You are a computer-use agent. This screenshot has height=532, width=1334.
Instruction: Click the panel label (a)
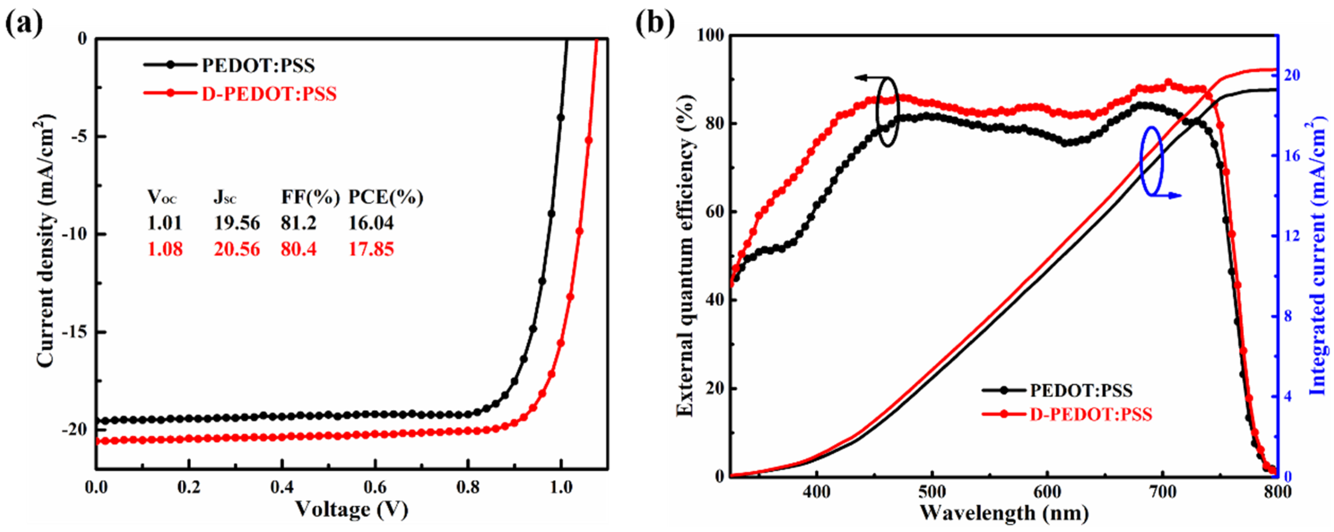point(24,23)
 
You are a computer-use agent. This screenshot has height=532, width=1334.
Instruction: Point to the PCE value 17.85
point(371,249)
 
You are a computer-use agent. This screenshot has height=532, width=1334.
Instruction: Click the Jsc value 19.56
point(237,223)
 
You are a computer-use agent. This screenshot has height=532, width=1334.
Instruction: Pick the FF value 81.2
point(299,223)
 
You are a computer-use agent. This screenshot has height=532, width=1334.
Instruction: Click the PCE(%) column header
point(385,197)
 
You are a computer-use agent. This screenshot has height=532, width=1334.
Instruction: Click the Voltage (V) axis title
point(352,511)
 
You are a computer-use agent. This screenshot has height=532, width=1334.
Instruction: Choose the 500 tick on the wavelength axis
point(932,491)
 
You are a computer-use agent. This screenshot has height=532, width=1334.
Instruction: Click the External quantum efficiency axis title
point(685,256)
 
